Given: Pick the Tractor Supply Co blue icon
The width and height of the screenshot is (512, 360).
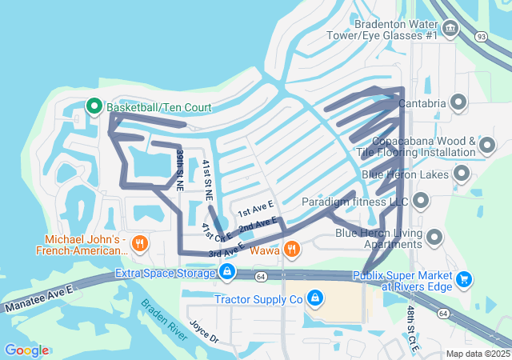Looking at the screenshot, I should [x=315, y=298].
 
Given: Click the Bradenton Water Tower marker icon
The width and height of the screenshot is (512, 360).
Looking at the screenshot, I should [x=450, y=30].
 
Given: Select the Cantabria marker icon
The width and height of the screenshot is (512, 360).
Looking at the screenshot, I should [x=459, y=102].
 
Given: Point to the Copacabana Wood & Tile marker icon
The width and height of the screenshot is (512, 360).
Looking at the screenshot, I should [x=486, y=145].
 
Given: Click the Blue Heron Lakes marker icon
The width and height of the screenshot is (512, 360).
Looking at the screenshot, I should [x=462, y=173].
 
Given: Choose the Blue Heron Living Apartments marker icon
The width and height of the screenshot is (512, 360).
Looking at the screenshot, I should [x=435, y=237].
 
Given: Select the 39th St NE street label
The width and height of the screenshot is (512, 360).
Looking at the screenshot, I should [x=181, y=169].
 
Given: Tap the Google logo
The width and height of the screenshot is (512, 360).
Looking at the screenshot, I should [x=26, y=350].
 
